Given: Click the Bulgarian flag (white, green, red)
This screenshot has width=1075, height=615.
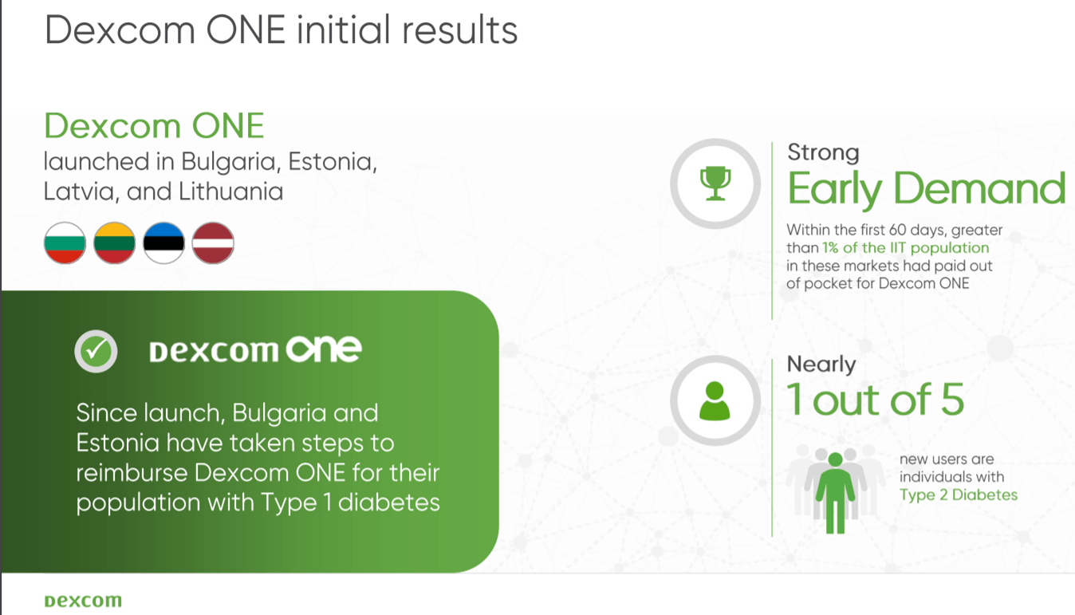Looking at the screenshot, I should tap(65, 242).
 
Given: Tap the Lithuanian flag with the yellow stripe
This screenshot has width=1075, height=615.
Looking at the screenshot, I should tap(114, 242).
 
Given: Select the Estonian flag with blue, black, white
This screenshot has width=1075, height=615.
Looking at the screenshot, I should tap(163, 242).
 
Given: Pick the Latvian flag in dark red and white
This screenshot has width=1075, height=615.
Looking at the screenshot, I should tap(213, 242).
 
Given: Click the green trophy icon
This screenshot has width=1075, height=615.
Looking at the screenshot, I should tap(715, 183).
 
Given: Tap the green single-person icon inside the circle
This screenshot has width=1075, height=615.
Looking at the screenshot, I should tap(715, 400).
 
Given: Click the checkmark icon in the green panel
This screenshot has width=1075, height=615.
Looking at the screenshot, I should tap(96, 350).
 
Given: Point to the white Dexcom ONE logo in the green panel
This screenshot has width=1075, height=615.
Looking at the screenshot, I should tap(255, 350).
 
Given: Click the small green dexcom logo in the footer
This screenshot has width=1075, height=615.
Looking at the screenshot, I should tap(83, 601).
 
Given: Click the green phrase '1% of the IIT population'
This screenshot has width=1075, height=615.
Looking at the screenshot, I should tap(906, 248).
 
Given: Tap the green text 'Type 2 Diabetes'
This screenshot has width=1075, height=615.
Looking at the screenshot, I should tap(959, 495).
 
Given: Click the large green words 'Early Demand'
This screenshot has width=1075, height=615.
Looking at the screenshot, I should tap(926, 189).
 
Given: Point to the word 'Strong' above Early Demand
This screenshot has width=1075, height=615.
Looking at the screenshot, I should tap(823, 152).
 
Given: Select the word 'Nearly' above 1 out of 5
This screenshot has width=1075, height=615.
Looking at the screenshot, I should tap(821, 365).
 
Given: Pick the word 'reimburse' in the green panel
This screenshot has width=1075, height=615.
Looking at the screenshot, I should tap(132, 473).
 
